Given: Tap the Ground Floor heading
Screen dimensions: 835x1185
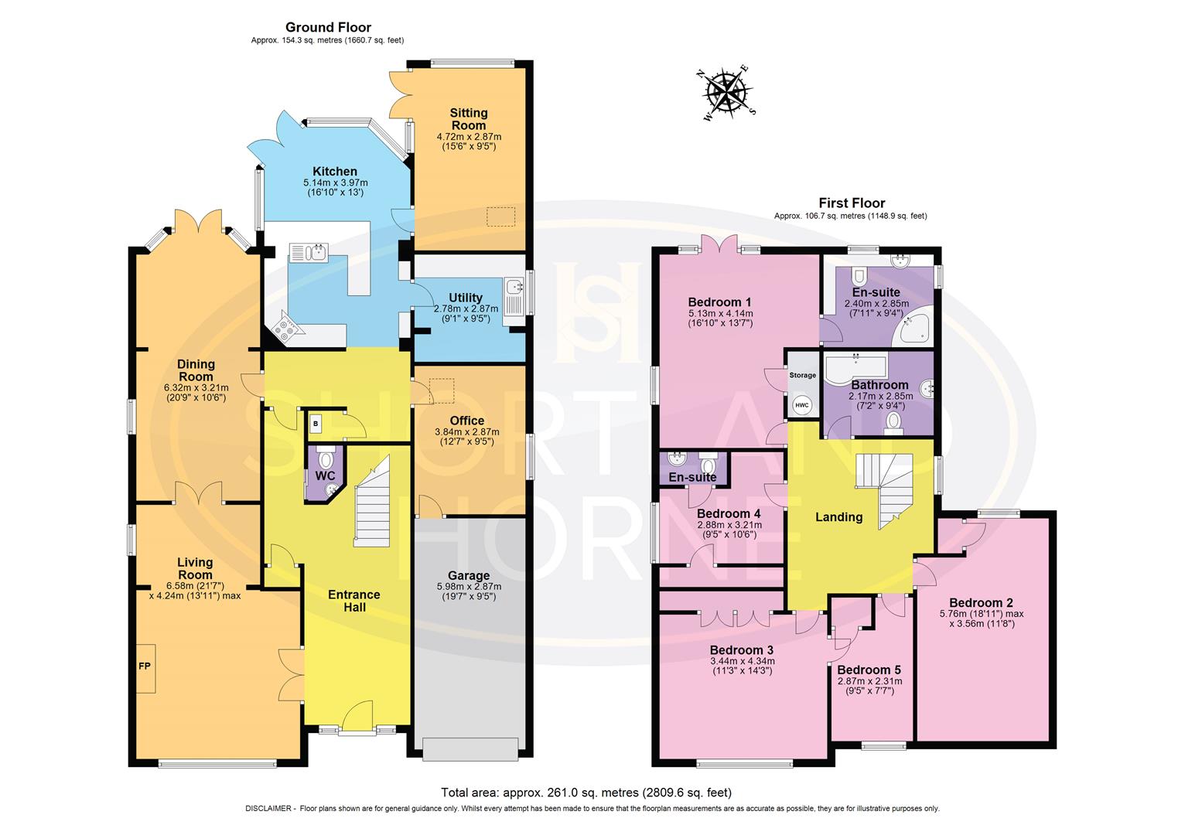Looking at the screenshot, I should (x=328, y=28).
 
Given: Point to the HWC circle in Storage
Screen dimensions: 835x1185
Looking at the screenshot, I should (x=801, y=404).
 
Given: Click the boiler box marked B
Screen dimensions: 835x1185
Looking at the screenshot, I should (x=316, y=424).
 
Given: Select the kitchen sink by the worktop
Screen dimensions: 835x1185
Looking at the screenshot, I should (x=309, y=252).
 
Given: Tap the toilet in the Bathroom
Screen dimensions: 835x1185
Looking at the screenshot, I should (x=893, y=421).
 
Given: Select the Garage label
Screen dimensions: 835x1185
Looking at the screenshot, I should (x=469, y=575).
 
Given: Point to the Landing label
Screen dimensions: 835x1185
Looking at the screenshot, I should (x=839, y=517).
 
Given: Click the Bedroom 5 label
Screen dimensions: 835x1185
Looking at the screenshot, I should (x=869, y=670).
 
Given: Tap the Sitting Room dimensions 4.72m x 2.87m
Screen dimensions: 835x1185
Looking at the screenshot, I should (x=469, y=137).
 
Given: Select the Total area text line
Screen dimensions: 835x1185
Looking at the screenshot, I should (x=586, y=792).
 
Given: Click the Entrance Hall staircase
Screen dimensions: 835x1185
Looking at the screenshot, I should (x=372, y=503).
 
